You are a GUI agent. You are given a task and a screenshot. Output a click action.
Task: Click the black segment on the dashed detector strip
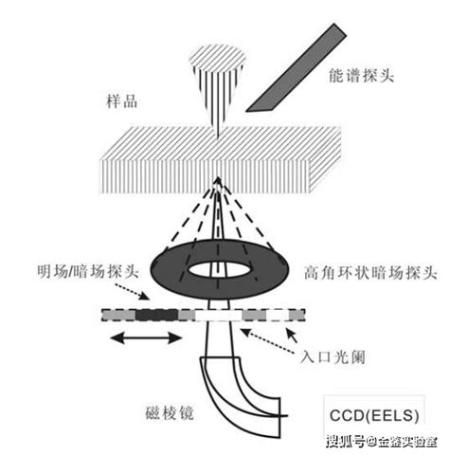[x=155, y=313]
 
